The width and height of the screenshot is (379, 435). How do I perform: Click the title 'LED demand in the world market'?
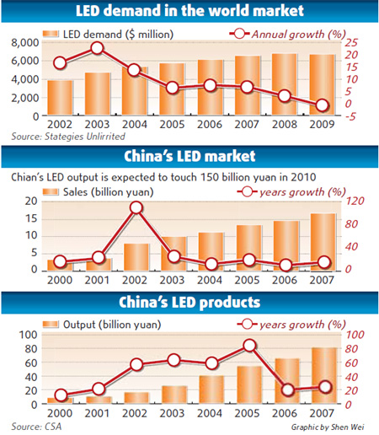coord(189,12)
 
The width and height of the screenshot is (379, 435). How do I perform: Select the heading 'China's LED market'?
coord(189,156)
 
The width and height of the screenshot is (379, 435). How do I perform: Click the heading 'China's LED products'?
coord(189,301)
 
